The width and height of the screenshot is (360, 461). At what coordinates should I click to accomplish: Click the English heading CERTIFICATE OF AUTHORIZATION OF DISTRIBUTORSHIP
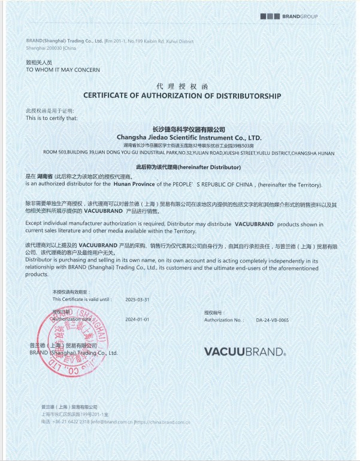pos(182,96)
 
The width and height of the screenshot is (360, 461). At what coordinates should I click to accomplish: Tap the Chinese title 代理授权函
pos(181,87)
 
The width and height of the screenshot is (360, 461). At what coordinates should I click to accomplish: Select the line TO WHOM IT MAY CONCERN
pos(63,70)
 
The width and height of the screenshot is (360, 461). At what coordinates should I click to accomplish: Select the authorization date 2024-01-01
pos(137,320)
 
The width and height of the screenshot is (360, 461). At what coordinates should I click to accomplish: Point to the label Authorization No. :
pos(224,320)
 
